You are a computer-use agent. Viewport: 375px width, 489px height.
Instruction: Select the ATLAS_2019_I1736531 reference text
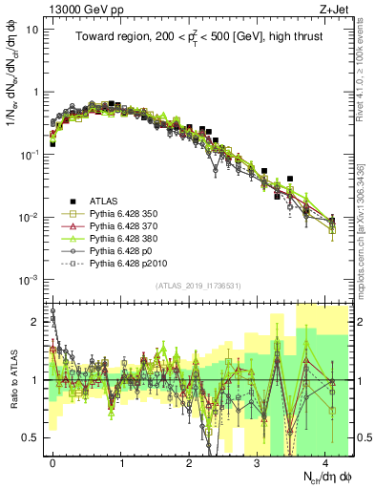coord(192,287)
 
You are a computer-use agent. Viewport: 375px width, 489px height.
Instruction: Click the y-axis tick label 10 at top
coord(31,29)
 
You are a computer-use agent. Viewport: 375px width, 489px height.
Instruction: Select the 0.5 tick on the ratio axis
coord(31,437)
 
